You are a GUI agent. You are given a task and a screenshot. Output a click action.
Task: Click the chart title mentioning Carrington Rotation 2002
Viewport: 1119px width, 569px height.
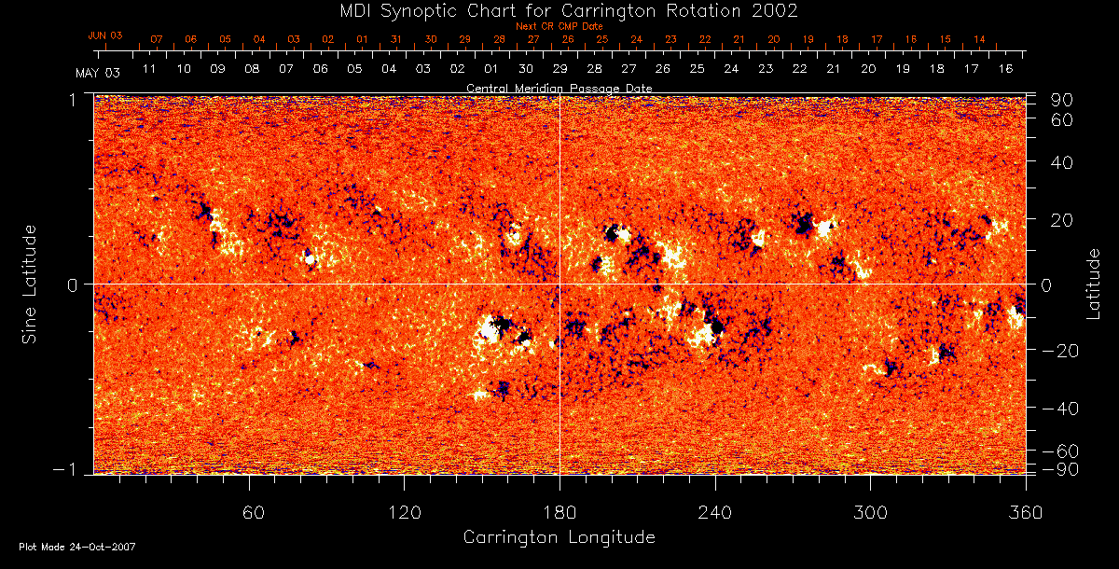click(x=559, y=10)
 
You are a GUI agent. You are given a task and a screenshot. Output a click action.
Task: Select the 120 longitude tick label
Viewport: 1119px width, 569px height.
click(x=405, y=512)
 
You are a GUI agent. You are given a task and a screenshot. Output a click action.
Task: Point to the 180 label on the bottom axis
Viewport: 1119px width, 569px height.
click(x=559, y=512)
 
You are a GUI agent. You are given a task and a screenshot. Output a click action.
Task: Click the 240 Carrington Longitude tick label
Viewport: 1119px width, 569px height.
click(x=715, y=512)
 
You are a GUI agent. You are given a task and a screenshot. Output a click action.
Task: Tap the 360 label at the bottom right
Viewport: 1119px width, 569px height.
click(x=1026, y=512)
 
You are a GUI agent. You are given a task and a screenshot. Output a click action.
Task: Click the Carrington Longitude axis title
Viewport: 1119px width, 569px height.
click(x=559, y=537)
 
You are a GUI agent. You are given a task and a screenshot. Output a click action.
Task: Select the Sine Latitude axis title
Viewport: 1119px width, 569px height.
click(x=30, y=284)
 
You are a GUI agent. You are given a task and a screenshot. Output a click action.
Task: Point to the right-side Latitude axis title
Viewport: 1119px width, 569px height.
click(x=1094, y=284)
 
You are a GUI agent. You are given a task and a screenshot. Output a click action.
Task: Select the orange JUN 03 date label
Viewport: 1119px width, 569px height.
click(x=105, y=35)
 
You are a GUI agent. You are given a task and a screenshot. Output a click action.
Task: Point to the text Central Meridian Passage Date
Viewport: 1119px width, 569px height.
click(x=559, y=88)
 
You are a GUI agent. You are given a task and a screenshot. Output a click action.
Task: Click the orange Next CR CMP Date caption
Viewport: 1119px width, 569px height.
click(x=559, y=26)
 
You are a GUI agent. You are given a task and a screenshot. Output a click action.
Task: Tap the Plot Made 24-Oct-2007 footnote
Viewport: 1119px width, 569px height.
click(x=77, y=547)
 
